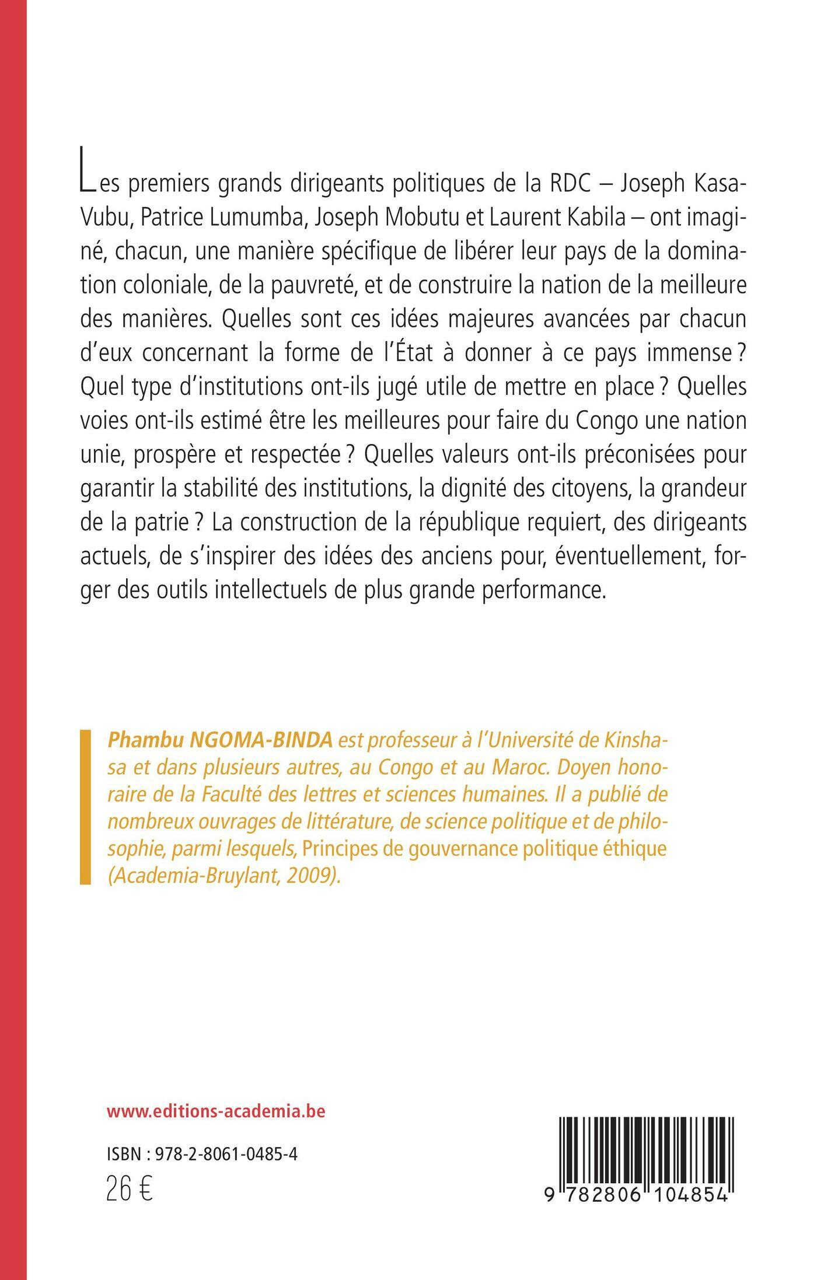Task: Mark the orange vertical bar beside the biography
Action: coord(85,807)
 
